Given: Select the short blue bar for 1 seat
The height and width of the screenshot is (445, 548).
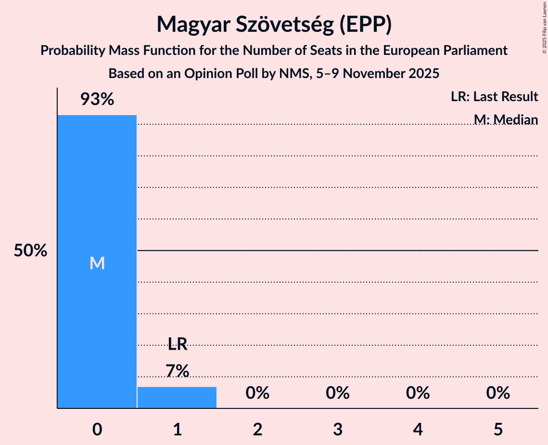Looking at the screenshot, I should pyautogui.click(x=177, y=397).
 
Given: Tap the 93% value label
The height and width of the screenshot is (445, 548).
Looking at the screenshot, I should pyautogui.click(x=97, y=100).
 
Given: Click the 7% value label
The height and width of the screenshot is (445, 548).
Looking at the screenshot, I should pyautogui.click(x=177, y=371).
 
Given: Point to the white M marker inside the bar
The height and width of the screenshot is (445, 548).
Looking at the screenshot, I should pyautogui.click(x=97, y=263).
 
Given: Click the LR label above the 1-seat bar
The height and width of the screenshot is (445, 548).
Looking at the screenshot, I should pyautogui.click(x=177, y=344).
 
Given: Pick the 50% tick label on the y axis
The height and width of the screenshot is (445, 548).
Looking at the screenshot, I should pyautogui.click(x=30, y=251).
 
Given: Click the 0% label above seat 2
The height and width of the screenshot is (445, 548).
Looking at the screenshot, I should pyautogui.click(x=257, y=393).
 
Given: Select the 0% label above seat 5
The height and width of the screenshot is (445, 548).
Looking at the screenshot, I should pyautogui.click(x=498, y=393).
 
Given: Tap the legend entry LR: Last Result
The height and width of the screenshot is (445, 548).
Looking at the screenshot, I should pyautogui.click(x=494, y=97).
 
